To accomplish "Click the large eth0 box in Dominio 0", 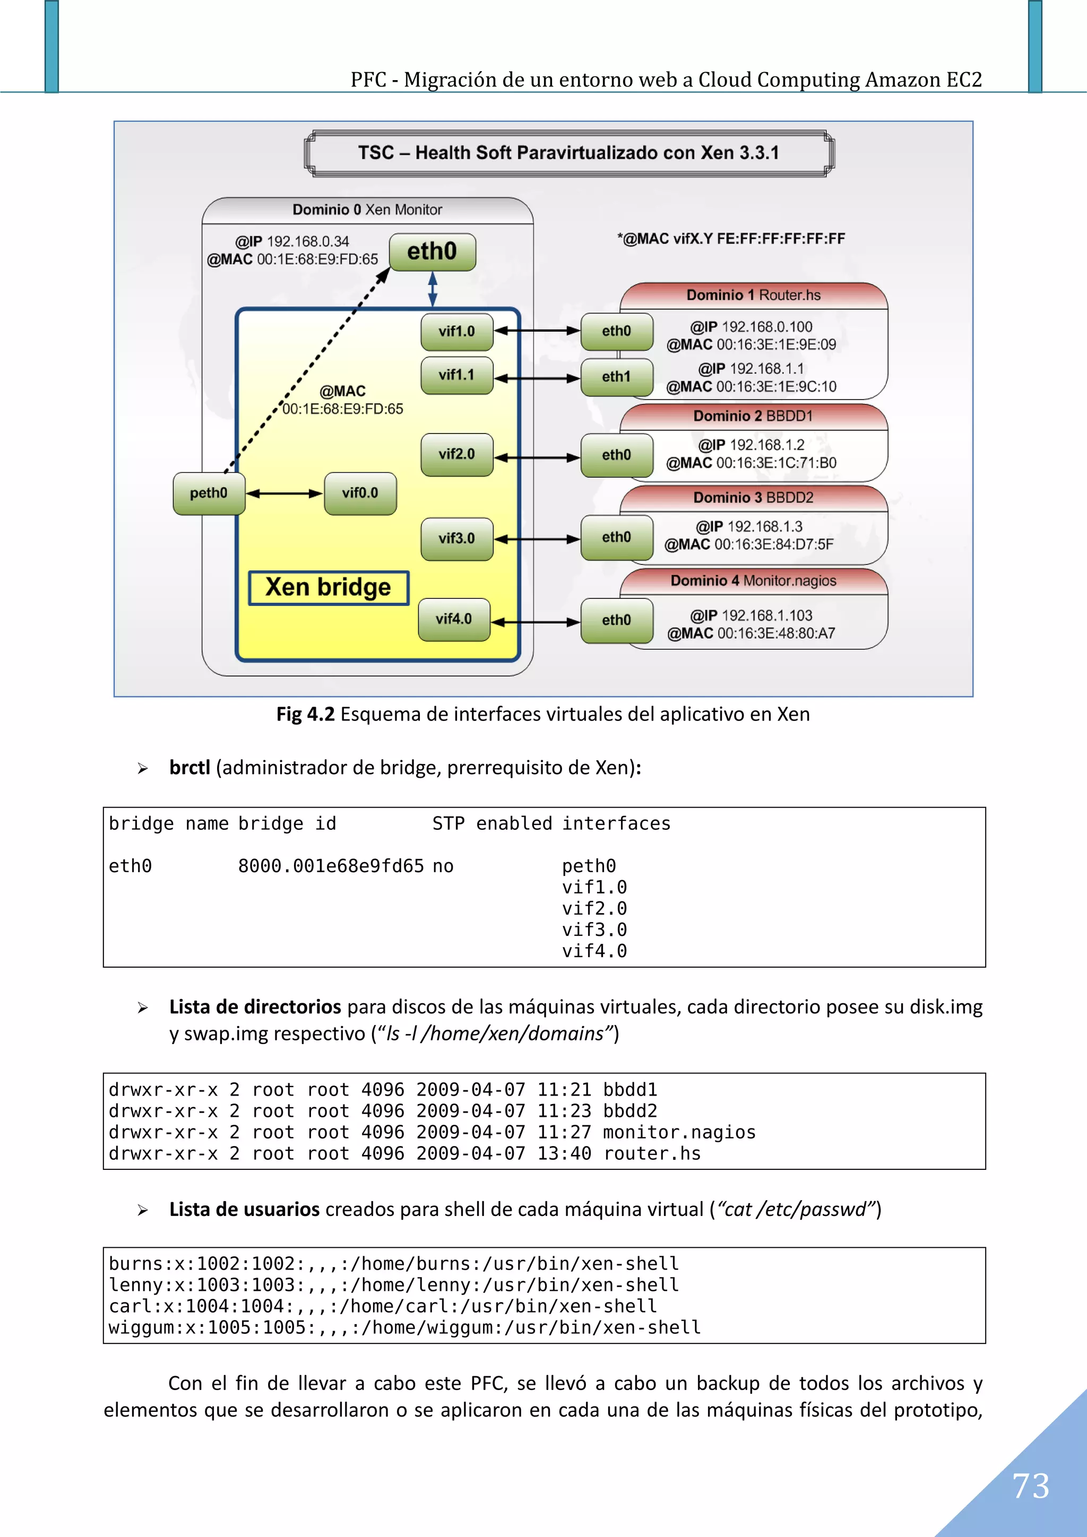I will (x=432, y=251).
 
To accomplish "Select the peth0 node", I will (x=208, y=493).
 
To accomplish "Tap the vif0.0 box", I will (x=360, y=493).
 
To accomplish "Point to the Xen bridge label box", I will (x=328, y=588).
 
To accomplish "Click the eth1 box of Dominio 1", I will (x=616, y=377).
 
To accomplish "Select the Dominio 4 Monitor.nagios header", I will (x=754, y=580).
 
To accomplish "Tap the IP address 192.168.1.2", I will (x=767, y=445).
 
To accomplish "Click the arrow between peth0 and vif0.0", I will (x=284, y=493).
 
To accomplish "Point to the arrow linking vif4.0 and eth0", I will (x=536, y=622).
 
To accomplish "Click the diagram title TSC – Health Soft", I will (x=568, y=153).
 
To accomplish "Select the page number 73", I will (x=1030, y=1486).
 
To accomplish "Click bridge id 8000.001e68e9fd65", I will (x=331, y=866).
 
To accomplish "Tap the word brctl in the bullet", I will (x=189, y=768).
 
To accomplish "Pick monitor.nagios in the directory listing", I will (x=679, y=1132).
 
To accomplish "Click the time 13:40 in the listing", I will (x=564, y=1153).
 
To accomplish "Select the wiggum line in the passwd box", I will (x=404, y=1327).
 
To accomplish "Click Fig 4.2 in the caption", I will (x=305, y=714).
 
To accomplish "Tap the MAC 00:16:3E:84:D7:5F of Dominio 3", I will (x=773, y=544).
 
